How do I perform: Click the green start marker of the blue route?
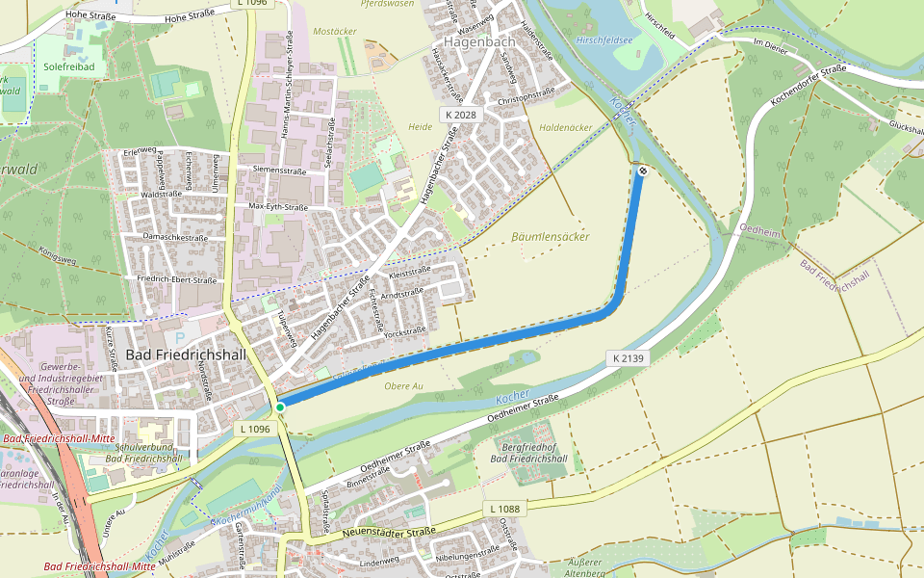click(x=280, y=407)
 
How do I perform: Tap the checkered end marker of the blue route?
click(x=642, y=171)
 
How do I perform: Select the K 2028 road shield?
click(x=460, y=115)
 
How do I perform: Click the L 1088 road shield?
click(x=503, y=508)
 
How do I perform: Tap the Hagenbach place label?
click(x=479, y=41)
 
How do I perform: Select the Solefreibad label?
click(x=68, y=67)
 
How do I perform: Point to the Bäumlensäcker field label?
click(x=551, y=236)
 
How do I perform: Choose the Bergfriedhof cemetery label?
click(x=528, y=453)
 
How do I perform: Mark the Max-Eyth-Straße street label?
click(x=277, y=207)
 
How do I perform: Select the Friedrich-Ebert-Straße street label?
click(x=177, y=280)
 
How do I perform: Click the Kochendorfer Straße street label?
click(x=808, y=86)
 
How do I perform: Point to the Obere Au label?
click(x=404, y=386)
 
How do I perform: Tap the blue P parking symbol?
click(x=181, y=337)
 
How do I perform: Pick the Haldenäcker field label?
click(x=566, y=127)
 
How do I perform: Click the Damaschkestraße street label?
click(x=175, y=237)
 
